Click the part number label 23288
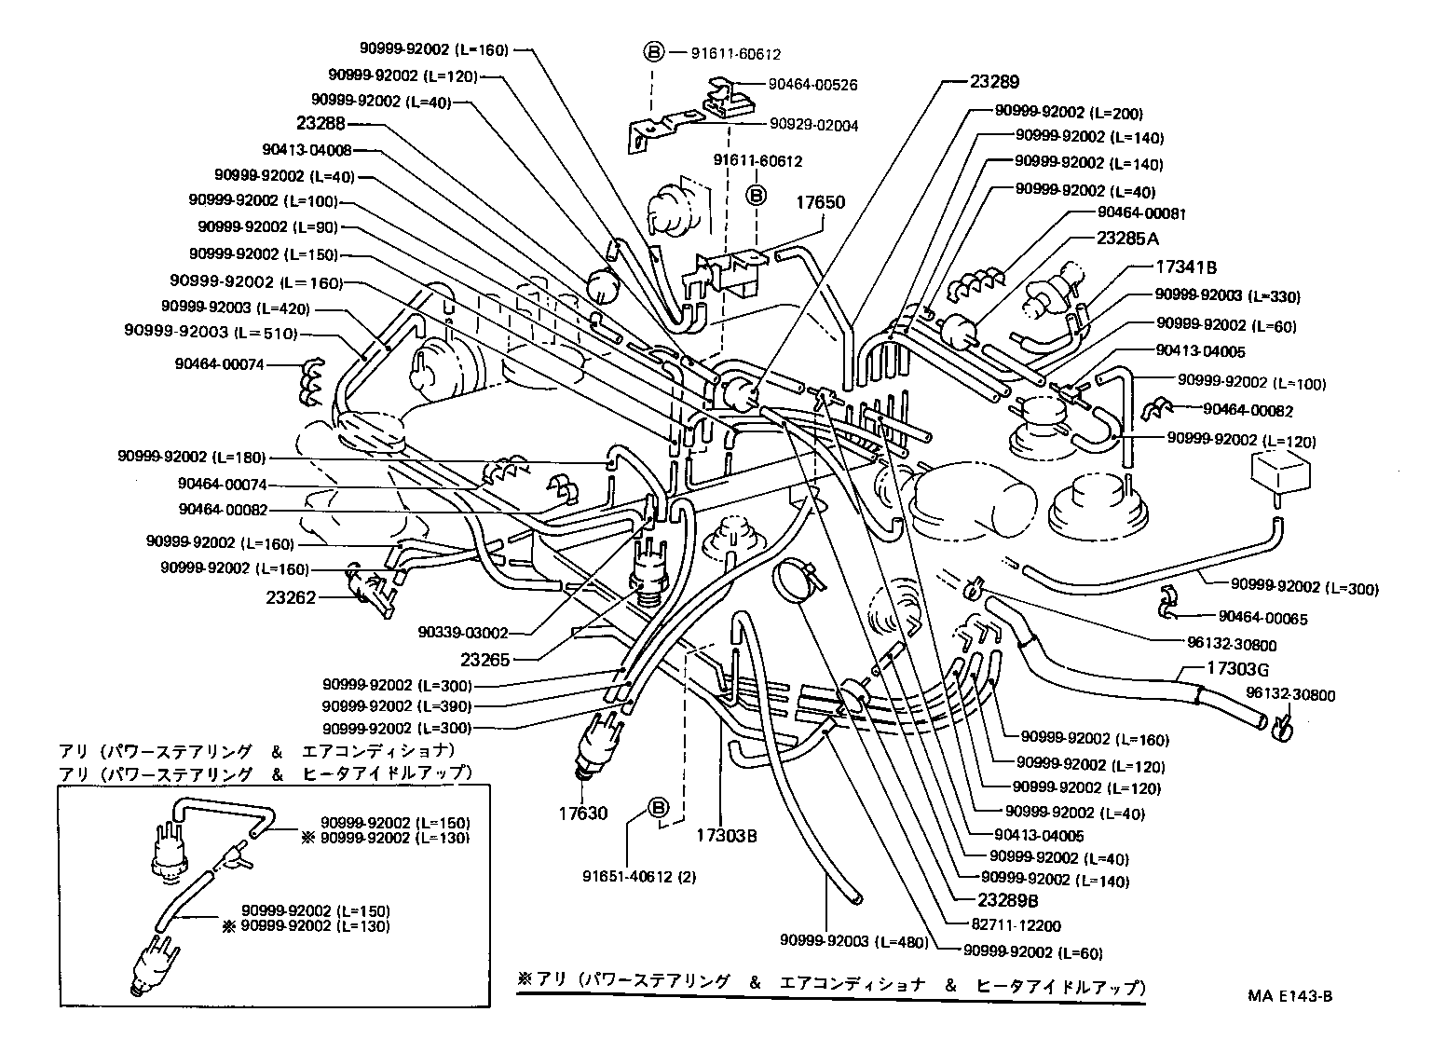321,123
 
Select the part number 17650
821,202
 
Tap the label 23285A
1126,238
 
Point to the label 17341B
1186,267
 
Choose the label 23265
486,659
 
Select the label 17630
582,813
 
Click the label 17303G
1237,668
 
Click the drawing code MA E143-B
1289,995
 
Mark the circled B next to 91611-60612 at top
654,52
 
